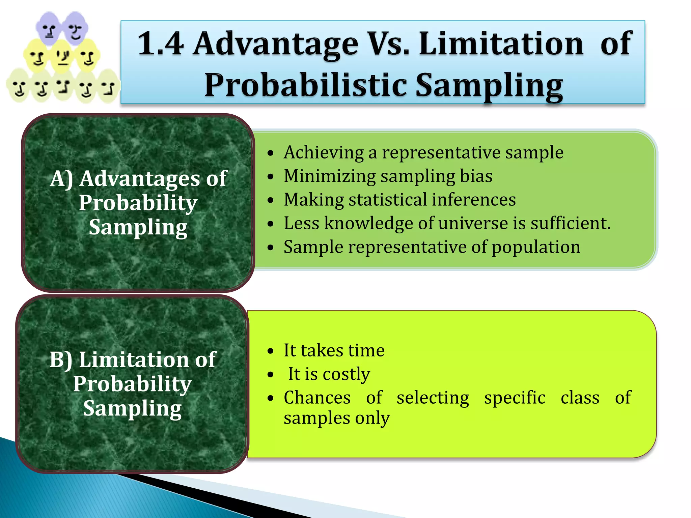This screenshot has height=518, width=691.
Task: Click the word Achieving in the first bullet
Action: pos(324,152)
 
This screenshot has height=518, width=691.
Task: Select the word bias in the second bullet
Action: pos(476,176)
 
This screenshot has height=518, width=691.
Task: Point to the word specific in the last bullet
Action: pos(515,398)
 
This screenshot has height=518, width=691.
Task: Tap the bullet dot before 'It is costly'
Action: pos(270,375)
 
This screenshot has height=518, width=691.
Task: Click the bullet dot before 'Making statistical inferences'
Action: pos(270,200)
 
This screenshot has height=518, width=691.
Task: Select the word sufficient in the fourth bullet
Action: pos(570,223)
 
